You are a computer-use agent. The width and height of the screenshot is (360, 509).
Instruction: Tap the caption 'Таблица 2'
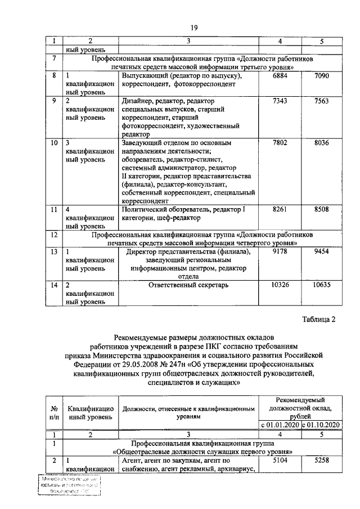[x=317, y=320]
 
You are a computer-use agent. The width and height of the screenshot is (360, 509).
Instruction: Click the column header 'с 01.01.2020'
[x=281, y=424]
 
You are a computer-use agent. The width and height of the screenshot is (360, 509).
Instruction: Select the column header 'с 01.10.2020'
[x=322, y=424]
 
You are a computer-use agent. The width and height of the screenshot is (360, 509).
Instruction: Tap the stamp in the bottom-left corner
[x=70, y=485]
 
